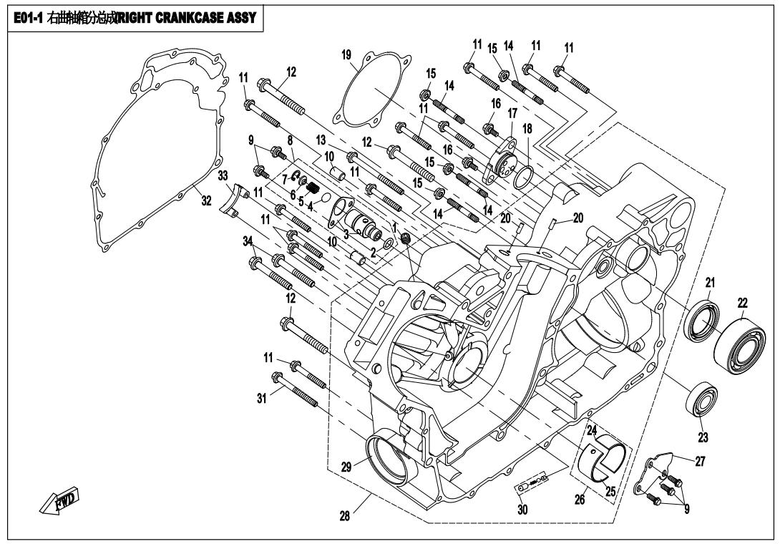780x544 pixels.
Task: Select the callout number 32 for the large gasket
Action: [206, 201]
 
